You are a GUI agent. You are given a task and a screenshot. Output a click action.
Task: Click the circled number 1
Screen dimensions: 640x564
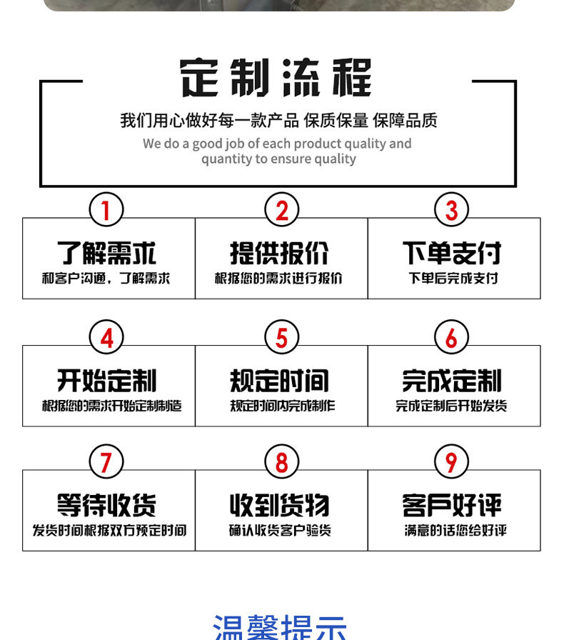point(106,211)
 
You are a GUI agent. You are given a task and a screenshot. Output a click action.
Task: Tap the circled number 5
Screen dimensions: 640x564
point(281,338)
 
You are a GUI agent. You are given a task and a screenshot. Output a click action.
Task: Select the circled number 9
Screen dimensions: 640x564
point(451,462)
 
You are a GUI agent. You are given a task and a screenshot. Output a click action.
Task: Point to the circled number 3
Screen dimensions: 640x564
point(451,211)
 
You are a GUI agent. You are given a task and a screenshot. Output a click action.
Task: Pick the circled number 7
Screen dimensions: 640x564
point(106,462)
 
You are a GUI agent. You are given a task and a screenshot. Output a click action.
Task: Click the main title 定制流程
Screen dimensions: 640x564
point(276,78)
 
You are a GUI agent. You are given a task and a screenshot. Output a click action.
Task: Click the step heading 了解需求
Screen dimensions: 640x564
point(106,253)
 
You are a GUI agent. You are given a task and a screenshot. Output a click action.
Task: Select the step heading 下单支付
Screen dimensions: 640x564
point(452,253)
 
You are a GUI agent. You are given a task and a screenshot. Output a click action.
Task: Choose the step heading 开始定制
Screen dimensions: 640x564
point(106,381)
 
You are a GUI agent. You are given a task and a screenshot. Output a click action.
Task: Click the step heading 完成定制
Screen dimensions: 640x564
point(452,381)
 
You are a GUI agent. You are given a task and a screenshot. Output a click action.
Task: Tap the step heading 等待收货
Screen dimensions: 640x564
point(106,506)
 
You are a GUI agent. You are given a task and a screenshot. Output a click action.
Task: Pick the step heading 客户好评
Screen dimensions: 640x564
point(452,506)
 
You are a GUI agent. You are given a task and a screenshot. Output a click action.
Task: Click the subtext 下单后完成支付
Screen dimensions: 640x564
point(453,278)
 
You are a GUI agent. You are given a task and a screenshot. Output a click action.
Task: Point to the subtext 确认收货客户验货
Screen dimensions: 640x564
point(280,531)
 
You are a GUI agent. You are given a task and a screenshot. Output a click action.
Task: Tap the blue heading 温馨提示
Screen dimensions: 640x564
point(279,627)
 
